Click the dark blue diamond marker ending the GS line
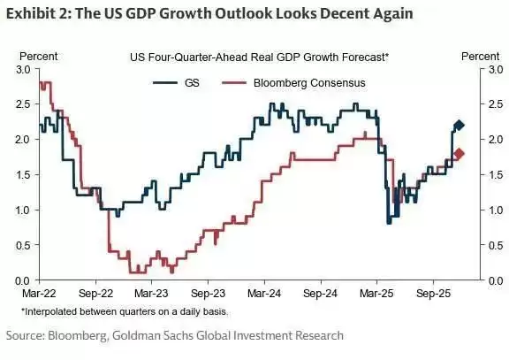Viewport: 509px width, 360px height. [459, 125]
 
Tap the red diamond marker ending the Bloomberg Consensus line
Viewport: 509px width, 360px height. [459, 154]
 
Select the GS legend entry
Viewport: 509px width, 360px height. [176, 83]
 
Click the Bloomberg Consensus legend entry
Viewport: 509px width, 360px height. [293, 83]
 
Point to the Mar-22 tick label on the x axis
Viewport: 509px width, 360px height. [39, 294]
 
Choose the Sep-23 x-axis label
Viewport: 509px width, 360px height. [208, 294]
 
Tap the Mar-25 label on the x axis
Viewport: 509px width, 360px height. [376, 294]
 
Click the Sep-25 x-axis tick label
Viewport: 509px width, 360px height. [433, 294]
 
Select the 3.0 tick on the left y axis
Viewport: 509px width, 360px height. [23, 70]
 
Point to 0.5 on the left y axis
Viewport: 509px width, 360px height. [23, 246]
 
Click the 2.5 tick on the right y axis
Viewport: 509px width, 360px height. [496, 104]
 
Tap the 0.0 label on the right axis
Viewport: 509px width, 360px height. [496, 281]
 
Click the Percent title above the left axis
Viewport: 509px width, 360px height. [39, 57]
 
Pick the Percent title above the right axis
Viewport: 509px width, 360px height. [481, 57]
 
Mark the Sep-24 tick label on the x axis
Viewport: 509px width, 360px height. [321, 294]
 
